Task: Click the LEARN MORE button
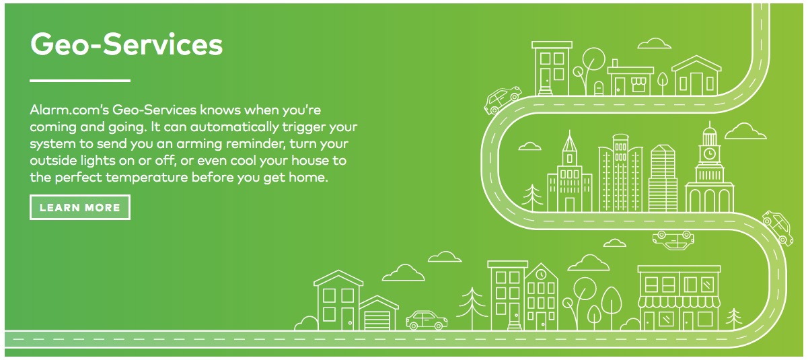click(x=80, y=207)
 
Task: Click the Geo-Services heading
click(x=126, y=44)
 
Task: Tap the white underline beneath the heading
click(x=80, y=81)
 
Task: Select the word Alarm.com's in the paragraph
click(x=69, y=110)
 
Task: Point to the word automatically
click(x=235, y=127)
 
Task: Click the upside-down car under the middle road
click(x=673, y=240)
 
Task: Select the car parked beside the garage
click(x=427, y=320)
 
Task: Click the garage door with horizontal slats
click(x=377, y=320)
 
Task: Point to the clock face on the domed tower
click(x=710, y=153)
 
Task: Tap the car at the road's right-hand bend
click(x=778, y=228)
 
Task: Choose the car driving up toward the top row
click(x=502, y=100)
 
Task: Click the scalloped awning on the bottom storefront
click(x=679, y=302)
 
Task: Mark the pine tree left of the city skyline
click(x=532, y=198)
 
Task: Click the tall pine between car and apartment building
click(x=472, y=308)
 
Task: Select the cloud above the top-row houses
click(x=654, y=43)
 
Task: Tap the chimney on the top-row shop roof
click(x=615, y=63)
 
